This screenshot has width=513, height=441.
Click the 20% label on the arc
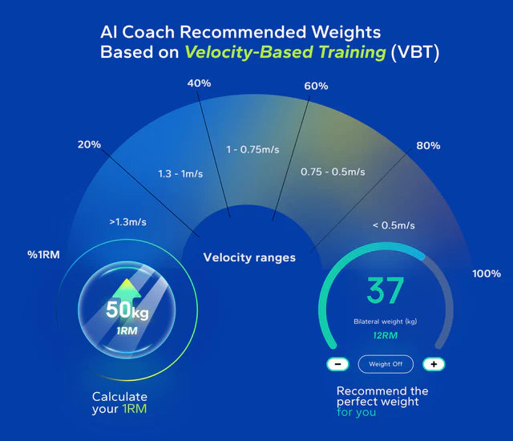90,144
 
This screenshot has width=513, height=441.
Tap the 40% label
199,83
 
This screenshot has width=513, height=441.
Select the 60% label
316,86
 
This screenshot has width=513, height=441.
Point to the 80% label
429,146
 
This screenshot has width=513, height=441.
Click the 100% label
486,273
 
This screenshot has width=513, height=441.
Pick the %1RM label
43,256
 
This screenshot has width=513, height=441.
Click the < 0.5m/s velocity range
393,225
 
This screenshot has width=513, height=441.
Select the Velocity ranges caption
249,257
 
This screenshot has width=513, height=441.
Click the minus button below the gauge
338,364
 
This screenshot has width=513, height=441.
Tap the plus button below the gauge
434,364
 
